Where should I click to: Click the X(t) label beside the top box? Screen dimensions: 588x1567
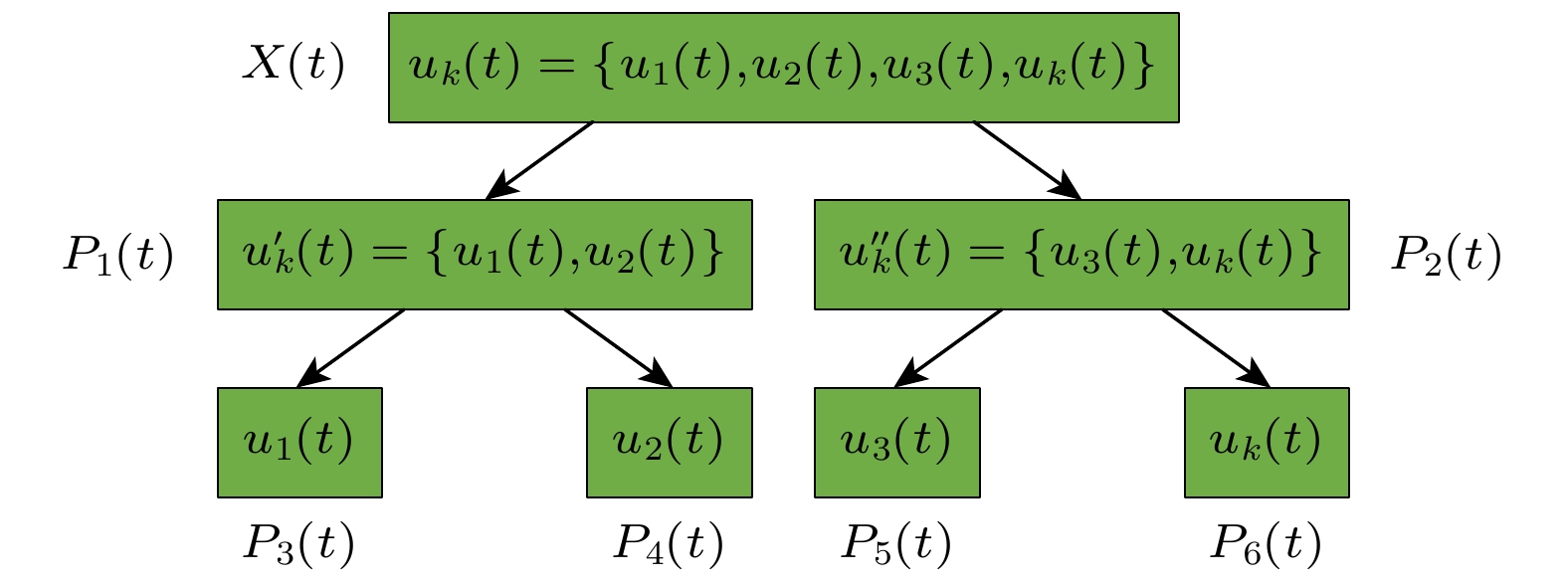[x=294, y=66]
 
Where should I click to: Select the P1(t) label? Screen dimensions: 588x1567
[x=118, y=255]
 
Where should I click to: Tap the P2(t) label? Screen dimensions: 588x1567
[x=1446, y=255]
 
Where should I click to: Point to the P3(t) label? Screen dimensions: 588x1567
[x=298, y=543]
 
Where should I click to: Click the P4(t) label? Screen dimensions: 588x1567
[x=668, y=543]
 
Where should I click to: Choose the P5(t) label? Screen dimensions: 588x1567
[x=896, y=543]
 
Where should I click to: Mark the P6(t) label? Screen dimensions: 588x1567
[x=1266, y=543]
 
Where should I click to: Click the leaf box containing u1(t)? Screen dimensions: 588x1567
[x=299, y=442]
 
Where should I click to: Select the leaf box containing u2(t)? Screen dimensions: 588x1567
[x=669, y=442]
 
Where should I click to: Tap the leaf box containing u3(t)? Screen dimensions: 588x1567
[x=896, y=442]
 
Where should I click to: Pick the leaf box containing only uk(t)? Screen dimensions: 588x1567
[x=1267, y=442]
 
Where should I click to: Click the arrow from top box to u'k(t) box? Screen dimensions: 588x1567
[x=539, y=160]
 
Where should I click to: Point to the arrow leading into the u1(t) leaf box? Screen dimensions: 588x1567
[x=351, y=347]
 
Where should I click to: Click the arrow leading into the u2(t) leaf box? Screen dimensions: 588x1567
[x=618, y=347]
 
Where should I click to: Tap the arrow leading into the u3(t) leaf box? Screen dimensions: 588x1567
[x=948, y=347]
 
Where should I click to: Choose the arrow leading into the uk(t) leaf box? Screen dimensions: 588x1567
[x=1215, y=347]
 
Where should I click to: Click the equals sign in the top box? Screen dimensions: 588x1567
[x=557, y=66]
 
